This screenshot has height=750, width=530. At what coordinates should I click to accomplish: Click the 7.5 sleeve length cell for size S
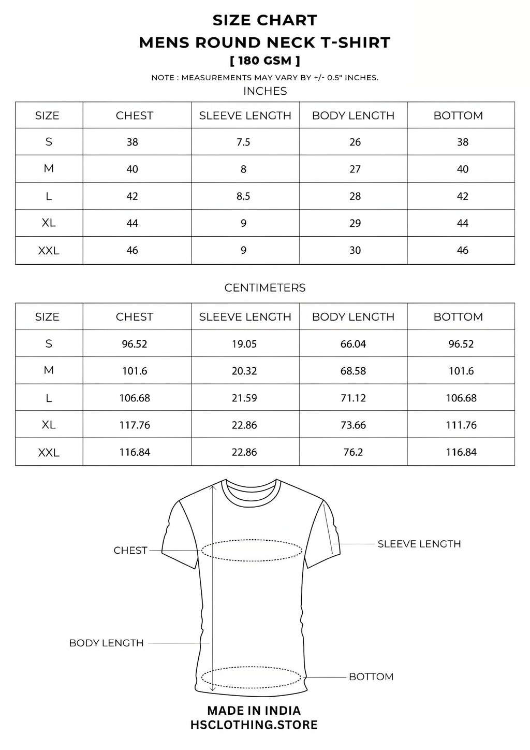pyautogui.click(x=243, y=142)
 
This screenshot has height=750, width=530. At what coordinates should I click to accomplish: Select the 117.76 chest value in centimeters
pyautogui.click(x=135, y=425)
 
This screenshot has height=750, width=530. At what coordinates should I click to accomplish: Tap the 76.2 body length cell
pyautogui.click(x=353, y=452)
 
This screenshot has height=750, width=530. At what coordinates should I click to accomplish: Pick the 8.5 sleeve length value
pyautogui.click(x=243, y=196)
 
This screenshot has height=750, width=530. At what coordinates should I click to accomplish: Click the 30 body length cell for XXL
pyautogui.click(x=355, y=250)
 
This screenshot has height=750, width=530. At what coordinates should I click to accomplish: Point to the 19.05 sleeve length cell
pyautogui.click(x=244, y=344)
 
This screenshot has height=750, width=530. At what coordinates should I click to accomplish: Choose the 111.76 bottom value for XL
pyautogui.click(x=461, y=425)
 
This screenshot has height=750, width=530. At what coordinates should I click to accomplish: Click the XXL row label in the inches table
pyautogui.click(x=49, y=251)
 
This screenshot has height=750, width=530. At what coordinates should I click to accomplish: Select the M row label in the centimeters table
pyautogui.click(x=49, y=370)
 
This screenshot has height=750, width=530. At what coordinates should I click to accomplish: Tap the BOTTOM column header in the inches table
pyautogui.click(x=458, y=116)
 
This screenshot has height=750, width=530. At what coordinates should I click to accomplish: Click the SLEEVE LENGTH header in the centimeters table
pyautogui.click(x=245, y=316)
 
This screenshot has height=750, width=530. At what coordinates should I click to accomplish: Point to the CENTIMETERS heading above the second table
pyautogui.click(x=265, y=288)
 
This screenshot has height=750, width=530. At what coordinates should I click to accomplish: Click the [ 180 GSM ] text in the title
pyautogui.click(x=265, y=61)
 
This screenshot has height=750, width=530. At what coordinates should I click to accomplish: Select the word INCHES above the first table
pyautogui.click(x=265, y=91)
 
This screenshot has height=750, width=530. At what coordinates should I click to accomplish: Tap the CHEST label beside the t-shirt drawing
pyautogui.click(x=130, y=550)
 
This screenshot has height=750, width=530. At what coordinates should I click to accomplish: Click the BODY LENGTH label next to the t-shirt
pyautogui.click(x=106, y=643)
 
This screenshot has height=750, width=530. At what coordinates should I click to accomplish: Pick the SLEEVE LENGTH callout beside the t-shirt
pyautogui.click(x=419, y=544)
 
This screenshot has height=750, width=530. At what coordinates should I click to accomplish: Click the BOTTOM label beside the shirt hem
pyautogui.click(x=371, y=676)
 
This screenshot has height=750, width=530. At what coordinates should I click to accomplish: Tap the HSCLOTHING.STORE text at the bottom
pyautogui.click(x=254, y=725)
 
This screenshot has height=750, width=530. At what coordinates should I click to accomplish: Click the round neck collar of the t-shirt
pyautogui.click(x=252, y=490)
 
